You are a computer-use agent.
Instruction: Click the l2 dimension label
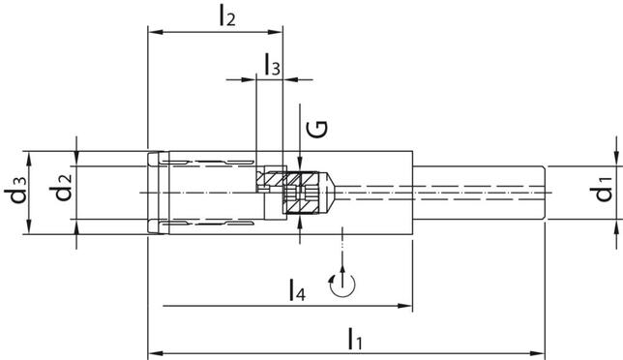pyautogui.click(x=227, y=15)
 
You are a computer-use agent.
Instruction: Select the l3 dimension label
pyautogui.click(x=273, y=66)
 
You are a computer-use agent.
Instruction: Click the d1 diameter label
pyautogui.click(x=605, y=192)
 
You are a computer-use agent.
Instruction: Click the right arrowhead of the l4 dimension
pyautogui.click(x=407, y=307)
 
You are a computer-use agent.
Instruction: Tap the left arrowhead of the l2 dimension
pyautogui.click(x=154, y=32)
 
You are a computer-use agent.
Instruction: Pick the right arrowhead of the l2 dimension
pyautogui.click(x=277, y=32)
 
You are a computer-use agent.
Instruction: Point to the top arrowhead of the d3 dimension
pyautogui.click(x=33, y=155)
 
